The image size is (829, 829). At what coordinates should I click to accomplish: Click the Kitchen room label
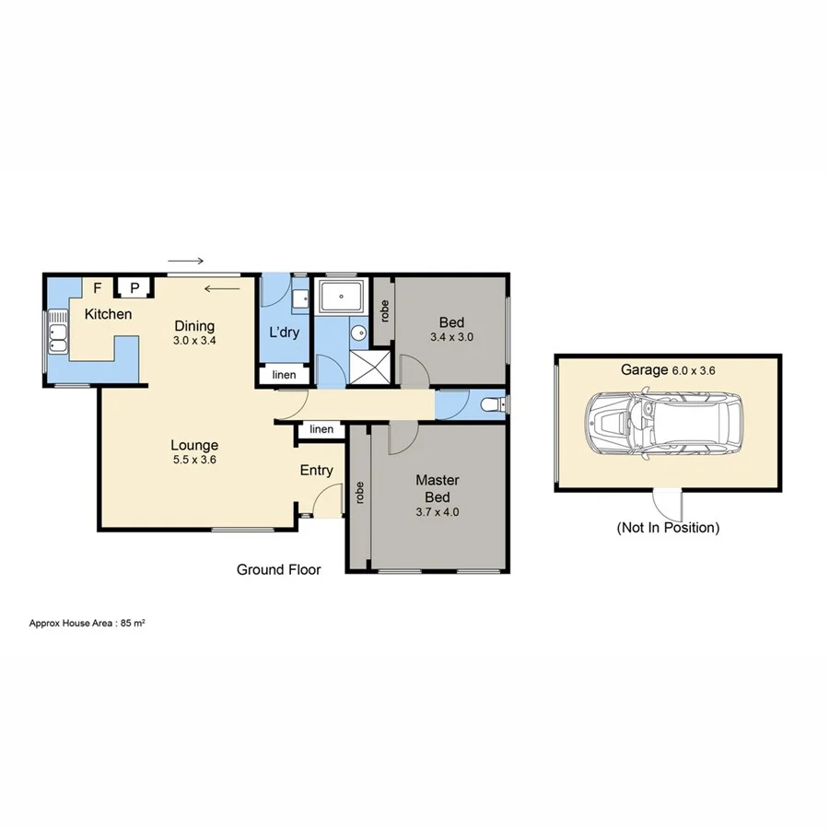108,315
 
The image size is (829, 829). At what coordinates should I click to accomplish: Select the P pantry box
134,288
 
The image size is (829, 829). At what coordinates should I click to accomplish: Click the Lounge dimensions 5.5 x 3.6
193,460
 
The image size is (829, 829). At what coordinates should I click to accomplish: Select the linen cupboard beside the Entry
321,430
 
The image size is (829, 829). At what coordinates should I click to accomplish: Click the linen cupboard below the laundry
284,376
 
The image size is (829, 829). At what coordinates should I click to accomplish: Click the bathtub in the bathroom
342,298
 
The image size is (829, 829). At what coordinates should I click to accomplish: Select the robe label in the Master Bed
359,494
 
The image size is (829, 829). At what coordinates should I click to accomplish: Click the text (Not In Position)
668,528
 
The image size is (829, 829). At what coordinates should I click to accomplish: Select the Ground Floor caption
278,570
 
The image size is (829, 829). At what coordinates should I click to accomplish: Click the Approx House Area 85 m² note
88,624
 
